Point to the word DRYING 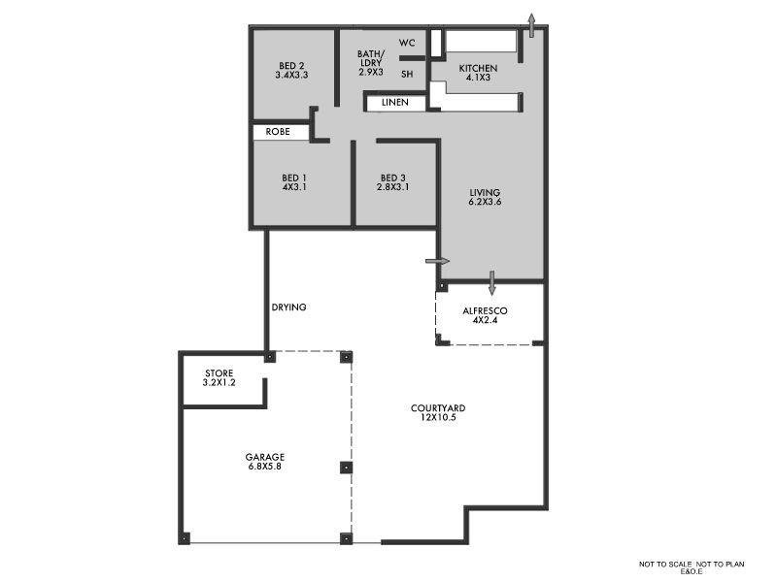pos(288,307)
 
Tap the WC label pos(407,44)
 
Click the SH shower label pos(407,73)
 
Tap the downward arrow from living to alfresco pos(492,282)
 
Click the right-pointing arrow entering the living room pos(438,261)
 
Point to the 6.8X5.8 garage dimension pos(264,467)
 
